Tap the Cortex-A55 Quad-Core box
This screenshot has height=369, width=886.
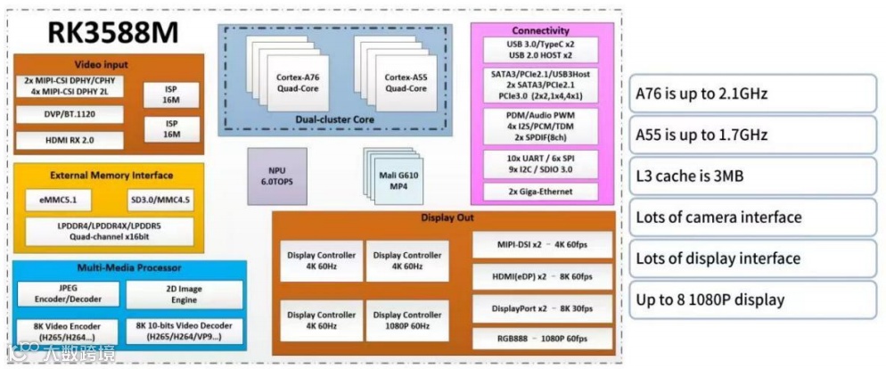[406, 82]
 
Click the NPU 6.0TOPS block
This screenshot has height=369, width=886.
[277, 175]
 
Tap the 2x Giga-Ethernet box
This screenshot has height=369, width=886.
[540, 191]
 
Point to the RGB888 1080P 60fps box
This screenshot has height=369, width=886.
[542, 339]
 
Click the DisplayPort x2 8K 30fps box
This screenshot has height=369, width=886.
[542, 307]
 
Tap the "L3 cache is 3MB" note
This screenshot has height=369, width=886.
[754, 176]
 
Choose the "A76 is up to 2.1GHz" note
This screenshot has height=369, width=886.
[754, 94]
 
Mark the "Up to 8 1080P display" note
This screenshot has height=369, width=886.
[754, 299]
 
